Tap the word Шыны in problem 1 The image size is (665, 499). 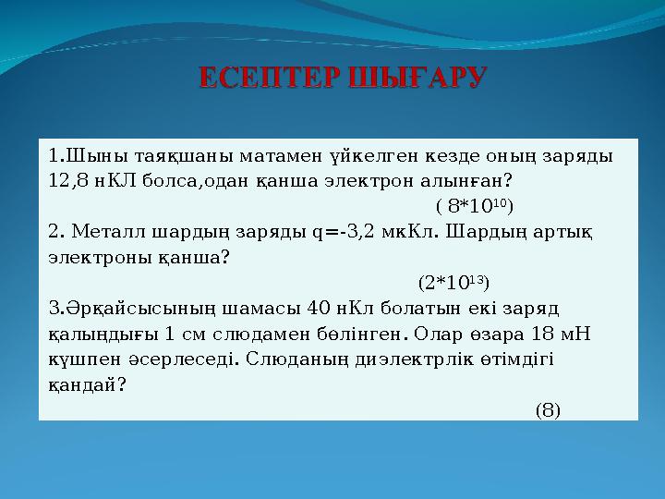[x=86, y=154]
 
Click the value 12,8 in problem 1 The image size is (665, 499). [x=68, y=180]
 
